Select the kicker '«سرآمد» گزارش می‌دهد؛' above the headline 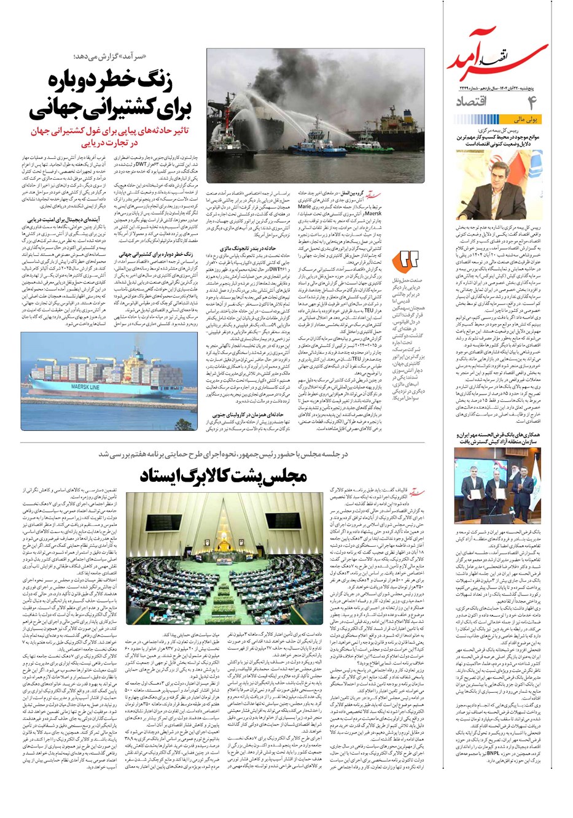click(160, 57)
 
